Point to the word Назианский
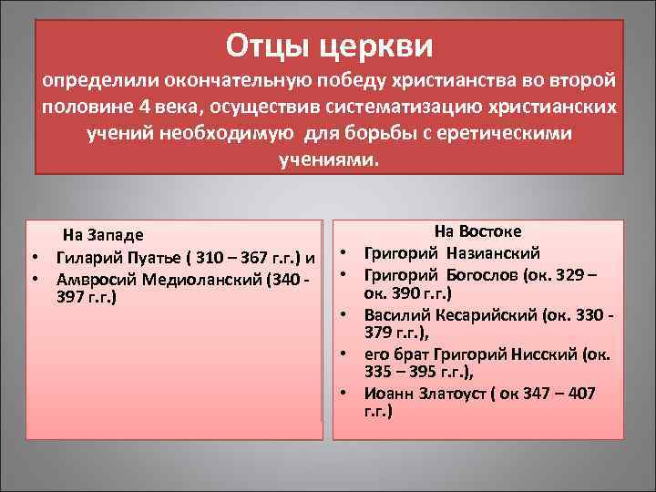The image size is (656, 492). coord(493,252)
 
